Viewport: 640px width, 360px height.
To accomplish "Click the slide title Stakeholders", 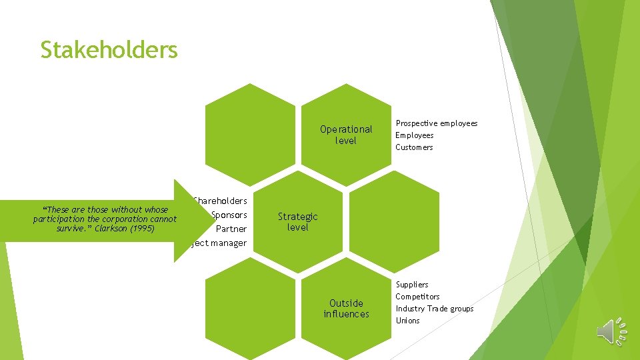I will (109, 50).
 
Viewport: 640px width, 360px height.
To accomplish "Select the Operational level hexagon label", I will (346, 135).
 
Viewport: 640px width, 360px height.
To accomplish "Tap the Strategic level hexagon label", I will (297, 221).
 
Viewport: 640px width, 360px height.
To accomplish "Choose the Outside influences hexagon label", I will (346, 308).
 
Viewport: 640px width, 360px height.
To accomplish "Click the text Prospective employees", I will (437, 123).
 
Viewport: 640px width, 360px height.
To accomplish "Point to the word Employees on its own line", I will (414, 135).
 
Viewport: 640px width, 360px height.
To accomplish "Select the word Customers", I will (414, 147).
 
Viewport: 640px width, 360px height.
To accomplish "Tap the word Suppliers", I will (412, 285).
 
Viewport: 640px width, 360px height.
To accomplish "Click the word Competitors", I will (417, 297).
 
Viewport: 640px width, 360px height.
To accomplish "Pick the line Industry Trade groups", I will (434, 309).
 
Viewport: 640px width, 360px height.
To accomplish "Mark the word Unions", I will (407, 321).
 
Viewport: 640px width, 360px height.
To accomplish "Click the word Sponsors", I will (229, 215).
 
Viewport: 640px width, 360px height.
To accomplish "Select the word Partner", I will (231, 229).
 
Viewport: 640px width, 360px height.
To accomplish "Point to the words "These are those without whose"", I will (105, 209).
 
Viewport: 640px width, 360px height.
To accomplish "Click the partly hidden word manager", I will (225, 243).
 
